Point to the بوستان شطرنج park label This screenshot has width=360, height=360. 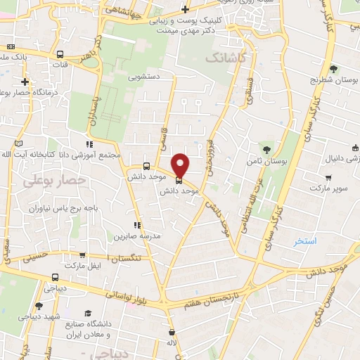tap(333, 80)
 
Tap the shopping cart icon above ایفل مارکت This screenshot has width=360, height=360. tap(83, 255)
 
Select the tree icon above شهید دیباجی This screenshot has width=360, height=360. tap(39, 306)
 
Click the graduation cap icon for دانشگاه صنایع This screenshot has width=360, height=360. tap(88, 314)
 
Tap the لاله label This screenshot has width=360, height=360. tap(171, 342)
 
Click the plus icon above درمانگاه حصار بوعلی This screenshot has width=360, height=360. tap(25, 81)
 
